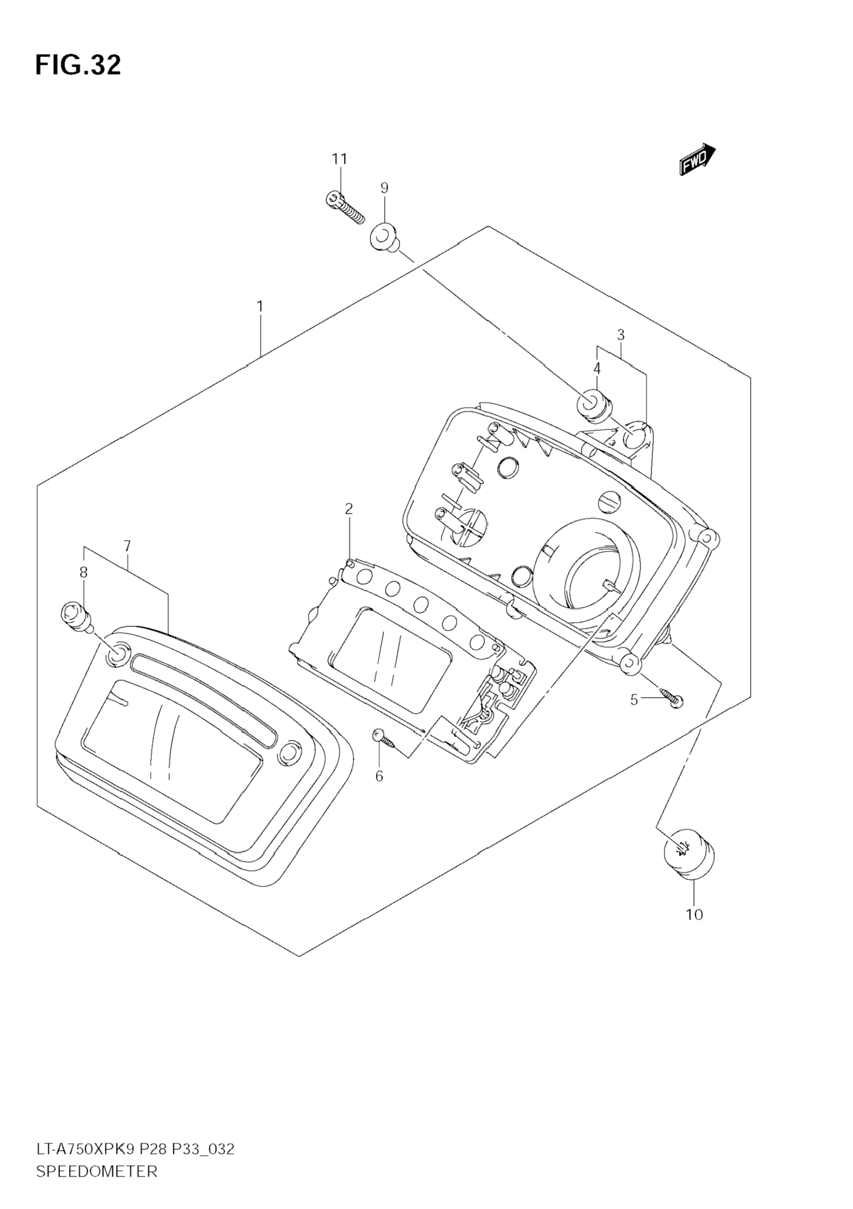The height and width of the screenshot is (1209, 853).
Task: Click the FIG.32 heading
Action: (78, 65)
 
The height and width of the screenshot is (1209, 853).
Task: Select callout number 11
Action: (339, 158)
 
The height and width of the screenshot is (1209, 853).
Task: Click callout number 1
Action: (260, 306)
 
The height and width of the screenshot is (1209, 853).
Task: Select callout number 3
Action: (621, 334)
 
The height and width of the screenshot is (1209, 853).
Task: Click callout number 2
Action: (348, 509)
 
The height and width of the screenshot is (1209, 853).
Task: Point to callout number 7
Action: (127, 546)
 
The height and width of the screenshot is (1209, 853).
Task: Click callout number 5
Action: (634, 700)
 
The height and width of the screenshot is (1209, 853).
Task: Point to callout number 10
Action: (694, 914)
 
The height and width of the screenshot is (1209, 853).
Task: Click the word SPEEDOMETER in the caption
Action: (97, 1172)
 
